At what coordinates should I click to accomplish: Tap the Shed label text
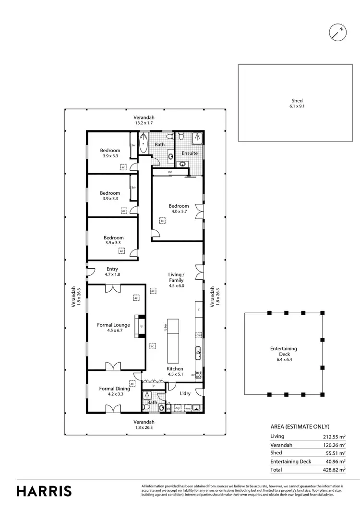tap(297, 104)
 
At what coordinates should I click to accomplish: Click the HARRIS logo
tap(44, 491)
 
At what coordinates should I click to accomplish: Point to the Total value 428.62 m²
tap(335, 470)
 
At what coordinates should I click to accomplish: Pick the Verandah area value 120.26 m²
tap(335, 445)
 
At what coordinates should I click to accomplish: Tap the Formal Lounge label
tap(113, 328)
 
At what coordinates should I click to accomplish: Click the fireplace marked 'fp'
tap(141, 326)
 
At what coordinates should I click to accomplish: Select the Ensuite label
tap(190, 153)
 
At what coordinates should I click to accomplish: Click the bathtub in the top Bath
tap(145, 146)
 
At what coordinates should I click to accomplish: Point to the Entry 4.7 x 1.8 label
tap(111, 272)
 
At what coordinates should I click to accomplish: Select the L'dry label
tap(186, 393)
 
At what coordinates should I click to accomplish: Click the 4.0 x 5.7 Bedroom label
tap(179, 209)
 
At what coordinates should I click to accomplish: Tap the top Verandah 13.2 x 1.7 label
tap(144, 120)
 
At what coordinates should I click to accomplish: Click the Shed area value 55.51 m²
tap(335, 453)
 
